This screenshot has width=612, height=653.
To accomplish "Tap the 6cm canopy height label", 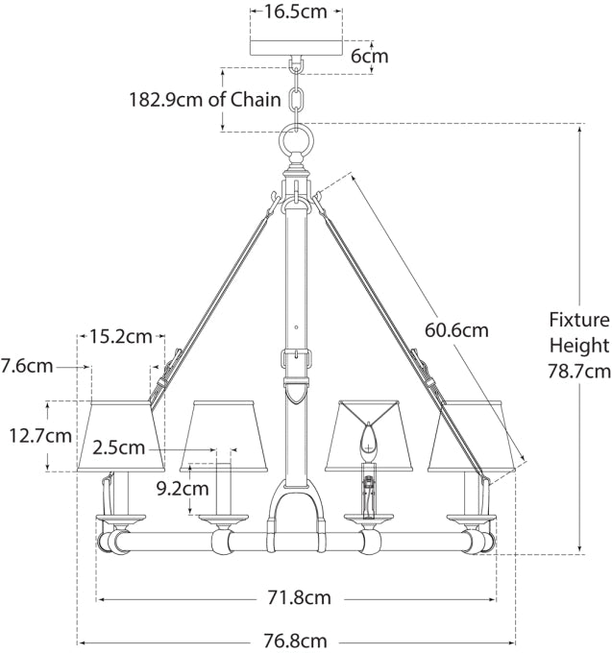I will (x=369, y=56).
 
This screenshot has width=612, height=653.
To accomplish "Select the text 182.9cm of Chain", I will (x=206, y=99).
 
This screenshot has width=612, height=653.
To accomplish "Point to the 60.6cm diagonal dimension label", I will (x=456, y=329).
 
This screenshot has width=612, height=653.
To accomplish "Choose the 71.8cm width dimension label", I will (x=298, y=597).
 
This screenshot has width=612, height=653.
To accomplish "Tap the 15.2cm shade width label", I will (x=121, y=336).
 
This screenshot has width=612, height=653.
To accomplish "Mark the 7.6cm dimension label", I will (x=26, y=366).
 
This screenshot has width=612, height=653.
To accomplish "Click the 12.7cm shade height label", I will (x=40, y=436).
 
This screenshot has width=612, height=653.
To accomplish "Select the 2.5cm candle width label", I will (x=119, y=447).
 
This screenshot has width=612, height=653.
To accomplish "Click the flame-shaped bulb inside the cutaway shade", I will (x=365, y=443).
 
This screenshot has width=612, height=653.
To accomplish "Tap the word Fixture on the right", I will (x=579, y=321).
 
